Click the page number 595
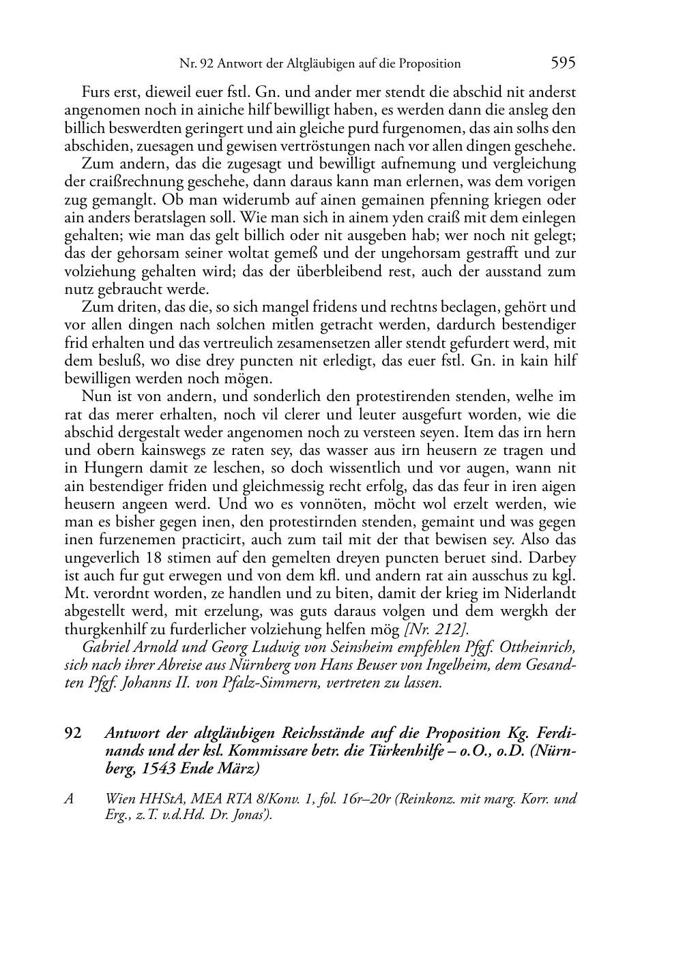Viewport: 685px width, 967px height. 563,63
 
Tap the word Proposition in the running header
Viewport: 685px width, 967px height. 429,64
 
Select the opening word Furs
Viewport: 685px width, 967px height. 96,92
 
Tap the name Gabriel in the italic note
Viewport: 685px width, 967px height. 104,646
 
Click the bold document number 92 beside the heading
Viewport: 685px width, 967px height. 73,733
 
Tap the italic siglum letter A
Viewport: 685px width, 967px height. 69,799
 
